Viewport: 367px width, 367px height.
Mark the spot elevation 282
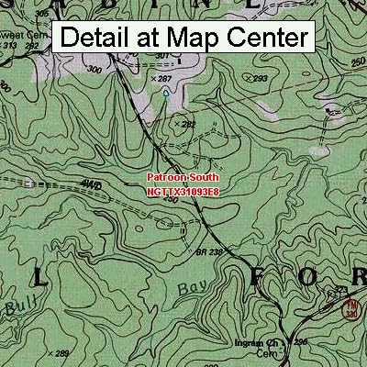click(x=188, y=123)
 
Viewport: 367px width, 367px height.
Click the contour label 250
click(x=355, y=61)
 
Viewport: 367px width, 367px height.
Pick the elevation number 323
click(x=341, y=290)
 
